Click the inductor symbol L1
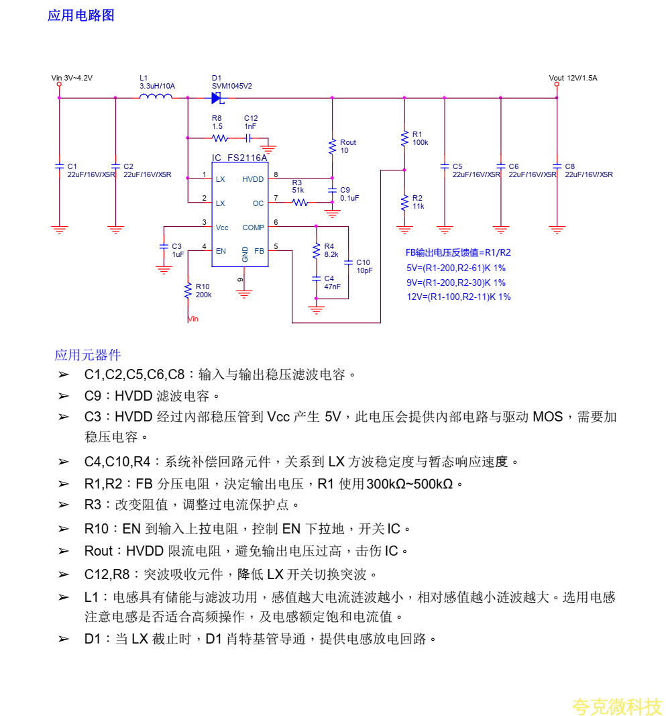point(155,97)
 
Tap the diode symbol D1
point(217,98)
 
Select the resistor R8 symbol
point(219,138)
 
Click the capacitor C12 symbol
point(249,138)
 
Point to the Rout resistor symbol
point(332,146)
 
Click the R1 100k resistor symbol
point(404,138)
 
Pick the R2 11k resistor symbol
point(404,202)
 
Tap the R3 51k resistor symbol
point(300,202)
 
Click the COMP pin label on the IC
point(253,227)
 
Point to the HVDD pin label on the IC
point(253,179)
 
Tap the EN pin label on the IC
point(221,251)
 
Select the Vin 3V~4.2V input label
point(72,78)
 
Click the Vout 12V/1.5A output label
point(573,78)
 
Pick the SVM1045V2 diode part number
point(231,86)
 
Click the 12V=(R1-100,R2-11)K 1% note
point(458,297)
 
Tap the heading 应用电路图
point(80,15)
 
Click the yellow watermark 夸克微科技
point(617,706)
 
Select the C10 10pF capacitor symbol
point(348,262)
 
